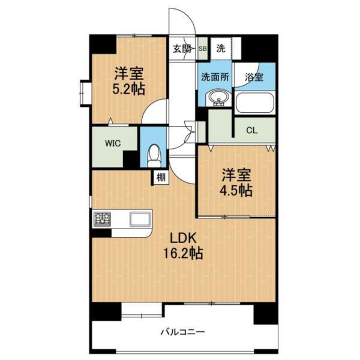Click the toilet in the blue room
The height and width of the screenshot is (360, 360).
[154, 155]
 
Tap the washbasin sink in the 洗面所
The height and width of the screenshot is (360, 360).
[218, 98]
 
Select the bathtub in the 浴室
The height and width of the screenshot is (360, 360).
[254, 103]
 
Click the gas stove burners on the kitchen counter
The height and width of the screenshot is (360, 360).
[102, 218]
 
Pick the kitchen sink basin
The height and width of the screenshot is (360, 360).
[140, 219]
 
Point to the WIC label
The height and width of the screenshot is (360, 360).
[113, 143]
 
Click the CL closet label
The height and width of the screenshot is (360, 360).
[252, 131]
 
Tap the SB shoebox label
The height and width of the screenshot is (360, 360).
[203, 49]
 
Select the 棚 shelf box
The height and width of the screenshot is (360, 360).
[161, 177]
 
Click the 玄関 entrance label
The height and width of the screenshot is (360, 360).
[182, 49]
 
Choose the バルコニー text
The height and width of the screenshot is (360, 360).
[182, 332]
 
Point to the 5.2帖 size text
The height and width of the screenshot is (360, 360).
[128, 89]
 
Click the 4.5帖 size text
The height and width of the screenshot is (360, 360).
[236, 190]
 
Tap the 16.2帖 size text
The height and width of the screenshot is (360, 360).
[183, 253]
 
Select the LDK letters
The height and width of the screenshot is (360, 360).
[183, 238]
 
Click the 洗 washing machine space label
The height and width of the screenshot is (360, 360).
[221, 48]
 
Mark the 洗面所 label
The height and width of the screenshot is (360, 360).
[215, 77]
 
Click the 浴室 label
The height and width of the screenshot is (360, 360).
[254, 77]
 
